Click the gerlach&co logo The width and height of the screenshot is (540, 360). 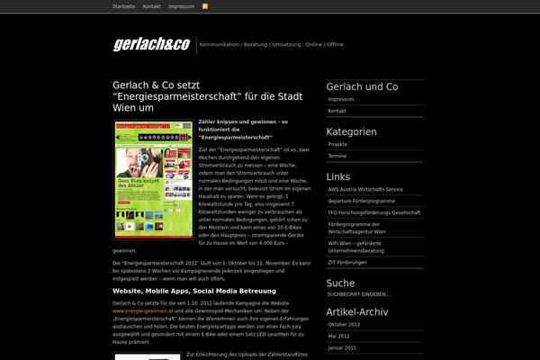click(151, 44)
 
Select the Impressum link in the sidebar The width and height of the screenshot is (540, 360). click(341, 99)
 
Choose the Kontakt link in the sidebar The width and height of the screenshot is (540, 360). click(337, 110)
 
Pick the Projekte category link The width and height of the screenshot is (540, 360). click(338, 144)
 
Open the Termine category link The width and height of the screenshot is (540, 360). click(337, 156)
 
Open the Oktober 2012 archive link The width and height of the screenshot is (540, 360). click(344, 324)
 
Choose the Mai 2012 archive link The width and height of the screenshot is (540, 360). click(339, 336)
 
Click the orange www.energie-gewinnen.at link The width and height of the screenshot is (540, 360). click(143, 310)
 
